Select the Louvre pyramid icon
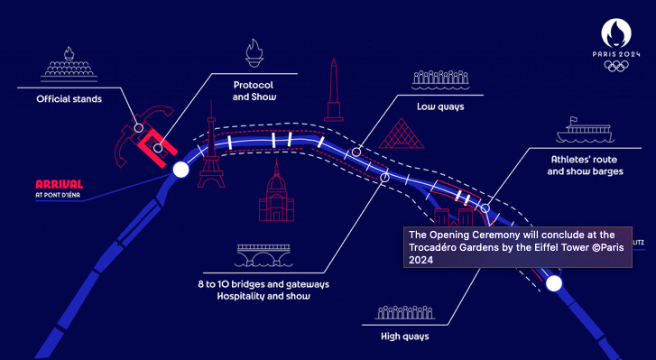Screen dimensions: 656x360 point(402,134)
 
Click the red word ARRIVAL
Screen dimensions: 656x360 point(60,184)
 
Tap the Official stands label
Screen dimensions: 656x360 point(69,99)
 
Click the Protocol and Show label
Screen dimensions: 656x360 point(254,91)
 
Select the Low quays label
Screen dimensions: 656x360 point(440,106)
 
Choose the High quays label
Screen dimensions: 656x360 point(404,337)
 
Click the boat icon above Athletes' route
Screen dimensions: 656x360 point(585,130)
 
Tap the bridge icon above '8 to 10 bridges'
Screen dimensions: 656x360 point(263,255)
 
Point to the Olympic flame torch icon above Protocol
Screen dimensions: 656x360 point(254,52)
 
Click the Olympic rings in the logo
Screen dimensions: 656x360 point(616,66)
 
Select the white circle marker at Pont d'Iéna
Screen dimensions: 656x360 point(180,170)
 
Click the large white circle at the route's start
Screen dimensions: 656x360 point(554,283)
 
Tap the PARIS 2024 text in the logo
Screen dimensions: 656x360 point(616,54)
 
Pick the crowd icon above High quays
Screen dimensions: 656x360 point(404,313)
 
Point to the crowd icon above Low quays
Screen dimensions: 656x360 point(440,80)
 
